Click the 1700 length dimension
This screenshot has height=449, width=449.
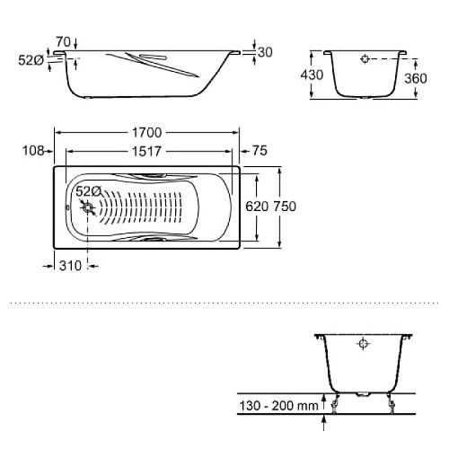pos(147,133)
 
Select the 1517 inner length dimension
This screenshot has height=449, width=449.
pos(146,152)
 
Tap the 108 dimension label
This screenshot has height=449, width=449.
pos(33,151)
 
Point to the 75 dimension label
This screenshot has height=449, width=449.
pos(260,151)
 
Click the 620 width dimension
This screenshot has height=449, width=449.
pos(257,207)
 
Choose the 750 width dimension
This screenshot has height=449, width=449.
pos(285,207)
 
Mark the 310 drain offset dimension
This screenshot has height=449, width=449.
pos(70,266)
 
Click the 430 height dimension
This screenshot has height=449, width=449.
pos(312,75)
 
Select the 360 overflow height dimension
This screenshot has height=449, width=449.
pos(416,78)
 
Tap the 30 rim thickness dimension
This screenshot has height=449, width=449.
pos(265,52)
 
